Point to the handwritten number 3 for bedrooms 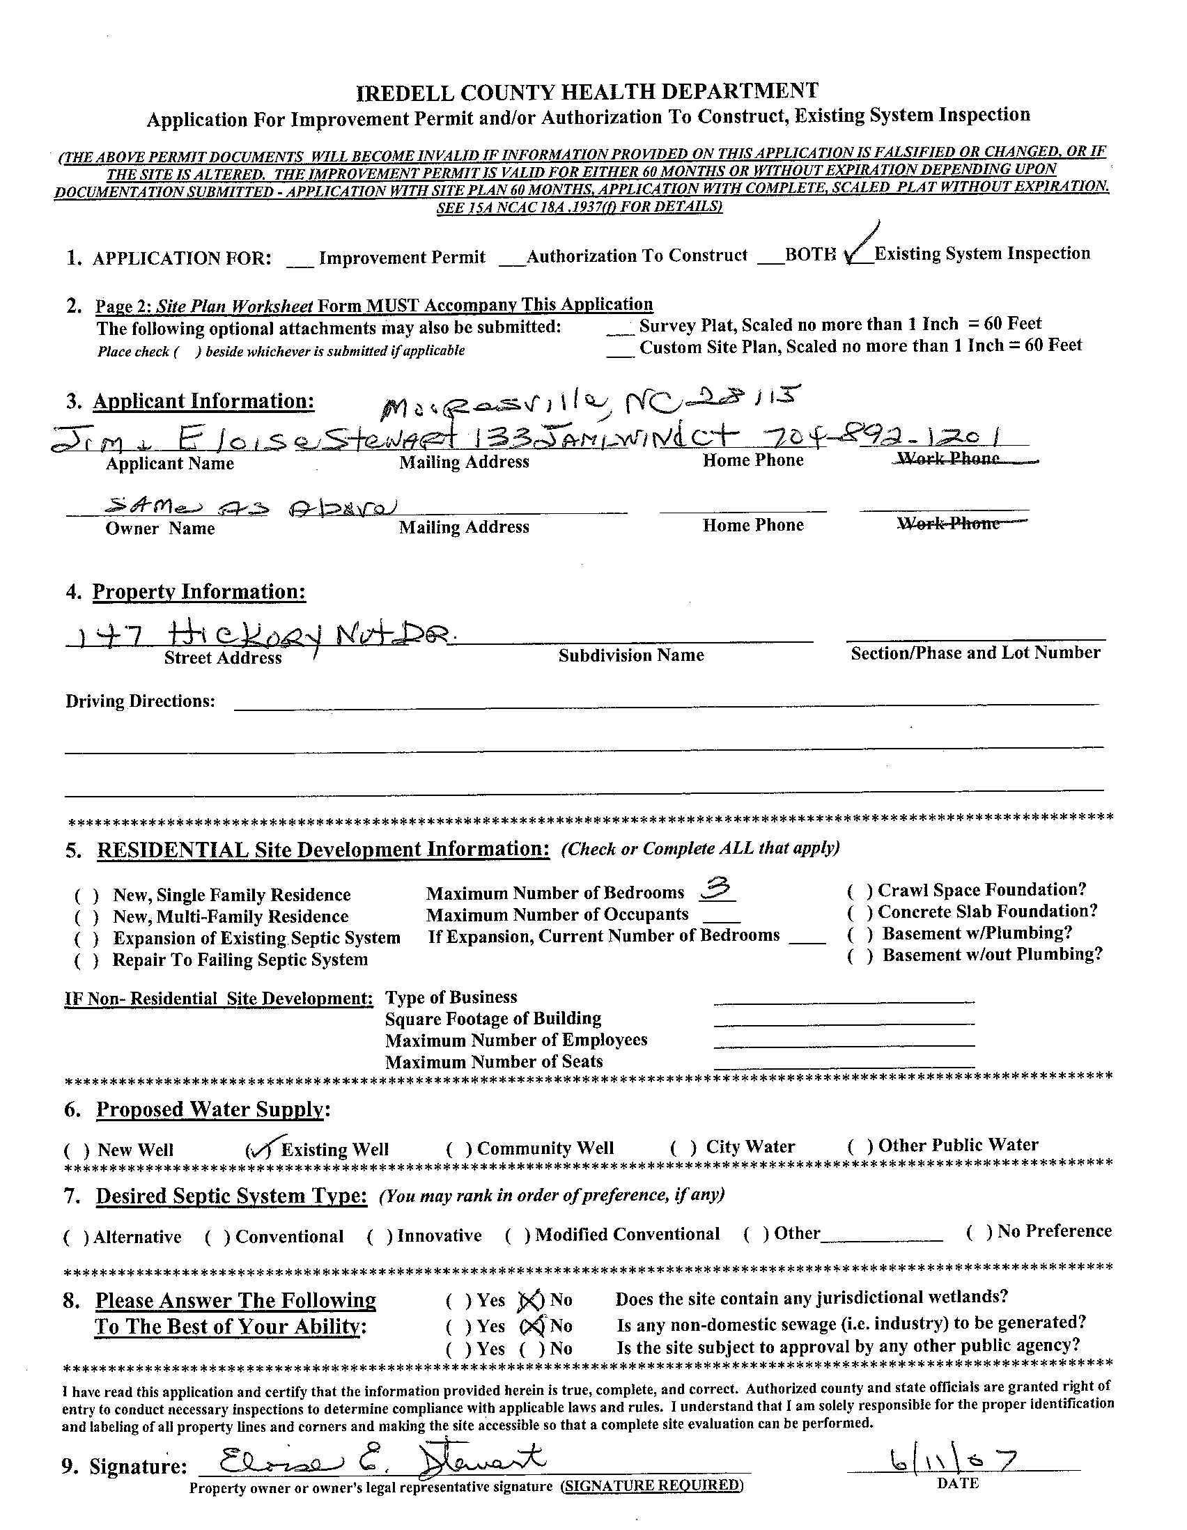[x=717, y=890]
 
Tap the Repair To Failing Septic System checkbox [x=86, y=961]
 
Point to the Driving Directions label [x=140, y=701]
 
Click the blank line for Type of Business [x=843, y=1000]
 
